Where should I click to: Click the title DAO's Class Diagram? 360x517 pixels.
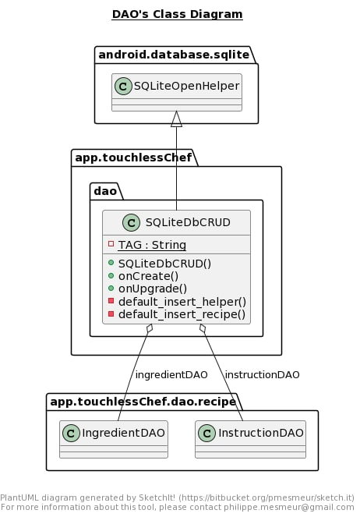pos(177,14)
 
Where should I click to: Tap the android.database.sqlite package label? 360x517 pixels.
pos(174,55)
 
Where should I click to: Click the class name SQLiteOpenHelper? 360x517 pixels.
pos(186,86)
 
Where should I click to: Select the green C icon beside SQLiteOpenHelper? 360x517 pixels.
pos(123,87)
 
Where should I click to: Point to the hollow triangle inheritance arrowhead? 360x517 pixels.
pos(176,119)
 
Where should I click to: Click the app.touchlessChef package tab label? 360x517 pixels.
pos(133,158)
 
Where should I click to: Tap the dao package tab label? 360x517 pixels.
pos(105,191)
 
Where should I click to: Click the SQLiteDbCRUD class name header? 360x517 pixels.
pos(188,222)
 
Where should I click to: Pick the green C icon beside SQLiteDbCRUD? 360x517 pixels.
pos(131,222)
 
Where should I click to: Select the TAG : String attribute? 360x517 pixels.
pos(152,245)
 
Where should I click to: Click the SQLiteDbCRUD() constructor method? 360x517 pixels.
pos(164,264)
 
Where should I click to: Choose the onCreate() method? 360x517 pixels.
pos(148,276)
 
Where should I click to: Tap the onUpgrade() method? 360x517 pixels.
pos(153,289)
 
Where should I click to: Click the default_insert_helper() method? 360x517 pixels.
pos(182,302)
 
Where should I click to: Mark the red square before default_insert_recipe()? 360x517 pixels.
pos(111,314)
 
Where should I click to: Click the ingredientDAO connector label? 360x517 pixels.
pos(171,375)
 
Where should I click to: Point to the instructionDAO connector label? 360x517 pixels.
pos(262,375)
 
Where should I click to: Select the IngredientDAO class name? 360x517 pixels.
pos(124,433)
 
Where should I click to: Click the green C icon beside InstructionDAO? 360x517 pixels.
pos(206,434)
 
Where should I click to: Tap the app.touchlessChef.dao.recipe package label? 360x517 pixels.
pos(143,402)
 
